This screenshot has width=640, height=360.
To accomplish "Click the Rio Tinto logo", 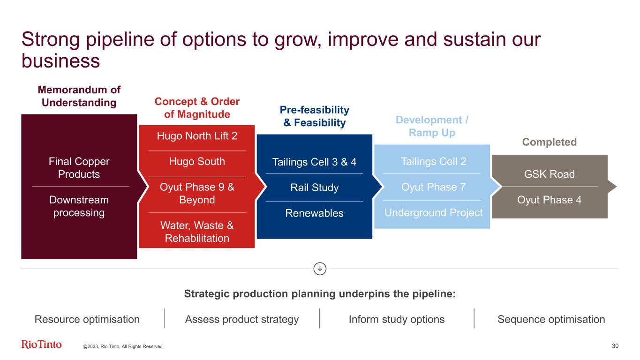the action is (41, 344).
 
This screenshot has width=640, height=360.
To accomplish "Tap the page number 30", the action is (615, 346).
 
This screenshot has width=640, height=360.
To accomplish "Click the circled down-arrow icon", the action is (320, 269).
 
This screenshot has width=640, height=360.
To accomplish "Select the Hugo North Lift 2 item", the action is (197, 136).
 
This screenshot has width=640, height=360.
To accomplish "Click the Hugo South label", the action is (197, 161).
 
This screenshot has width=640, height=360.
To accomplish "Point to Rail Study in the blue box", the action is (314, 187).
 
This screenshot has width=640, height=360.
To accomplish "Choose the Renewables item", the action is (314, 213).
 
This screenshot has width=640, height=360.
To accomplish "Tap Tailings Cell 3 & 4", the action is (314, 162).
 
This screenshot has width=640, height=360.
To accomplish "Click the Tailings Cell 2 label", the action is (433, 161).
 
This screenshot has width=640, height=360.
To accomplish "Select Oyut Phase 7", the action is (433, 187).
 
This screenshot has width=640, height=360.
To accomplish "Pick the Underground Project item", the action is (433, 213).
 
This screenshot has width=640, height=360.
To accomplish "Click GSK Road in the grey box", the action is (549, 174).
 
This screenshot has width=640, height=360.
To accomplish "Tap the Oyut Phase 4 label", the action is (549, 200).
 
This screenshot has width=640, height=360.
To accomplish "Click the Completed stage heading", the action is (549, 142).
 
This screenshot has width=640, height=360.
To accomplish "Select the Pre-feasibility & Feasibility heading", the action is (314, 116).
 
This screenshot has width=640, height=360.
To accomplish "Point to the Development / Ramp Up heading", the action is (432, 126).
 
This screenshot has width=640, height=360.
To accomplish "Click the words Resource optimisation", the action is (87, 319).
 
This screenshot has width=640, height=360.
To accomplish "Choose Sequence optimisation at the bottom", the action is (551, 319).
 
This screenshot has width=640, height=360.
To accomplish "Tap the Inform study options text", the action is (397, 319).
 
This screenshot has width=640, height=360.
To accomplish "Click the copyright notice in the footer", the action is (122, 346).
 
